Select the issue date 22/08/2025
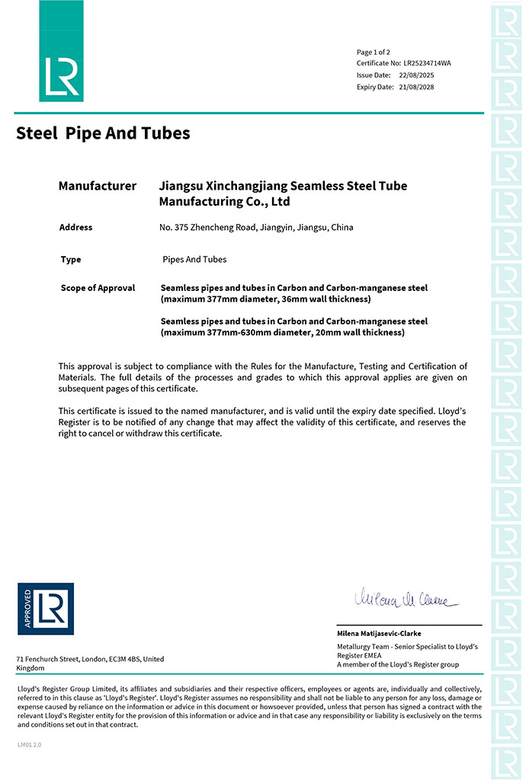417,75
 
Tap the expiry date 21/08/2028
417,87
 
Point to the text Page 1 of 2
374,52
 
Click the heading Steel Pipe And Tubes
103,133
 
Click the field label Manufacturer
98,186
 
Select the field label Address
75,227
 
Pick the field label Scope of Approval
98,288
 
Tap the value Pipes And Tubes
194,260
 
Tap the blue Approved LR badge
46,609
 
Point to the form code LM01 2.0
29,744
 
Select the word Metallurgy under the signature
354,646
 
